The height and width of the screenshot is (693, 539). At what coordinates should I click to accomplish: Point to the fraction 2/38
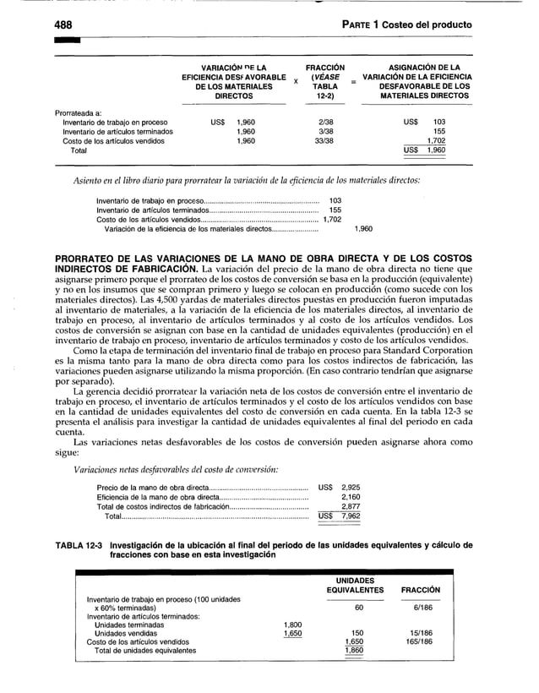pos(325,123)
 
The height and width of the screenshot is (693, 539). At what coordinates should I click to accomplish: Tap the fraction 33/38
pos(325,141)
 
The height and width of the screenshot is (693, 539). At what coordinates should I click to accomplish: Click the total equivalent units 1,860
pos(357,651)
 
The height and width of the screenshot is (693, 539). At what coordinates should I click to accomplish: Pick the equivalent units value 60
pos(358,608)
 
